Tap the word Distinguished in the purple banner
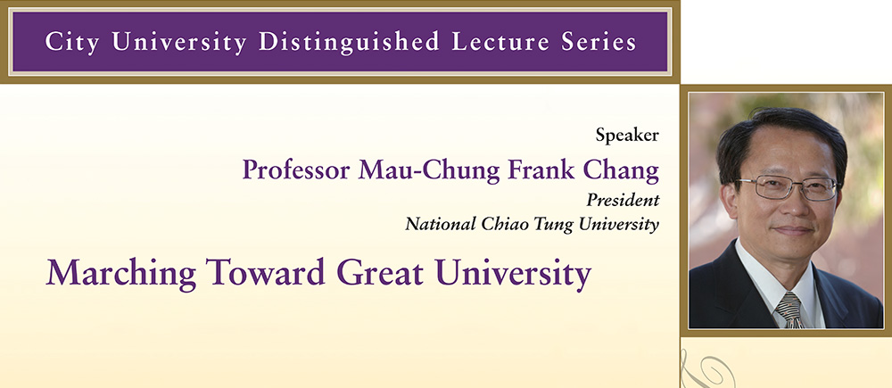pos(350,43)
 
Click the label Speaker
pos(627,136)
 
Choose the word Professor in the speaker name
pos(296,170)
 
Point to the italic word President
pos(623,201)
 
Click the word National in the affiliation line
pos(441,224)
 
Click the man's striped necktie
pos(790,311)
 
